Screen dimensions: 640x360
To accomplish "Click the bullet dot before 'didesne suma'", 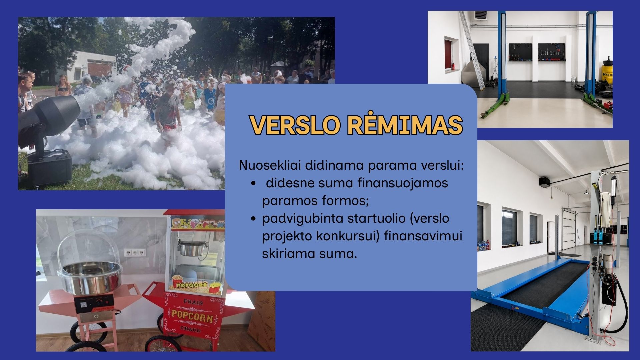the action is point(254,183).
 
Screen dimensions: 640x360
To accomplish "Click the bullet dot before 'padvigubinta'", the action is point(254,219).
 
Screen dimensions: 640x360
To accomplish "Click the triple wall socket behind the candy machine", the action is point(135,252).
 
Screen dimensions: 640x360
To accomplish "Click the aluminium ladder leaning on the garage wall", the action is point(472,50).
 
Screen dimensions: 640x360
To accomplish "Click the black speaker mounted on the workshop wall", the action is point(544,181).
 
